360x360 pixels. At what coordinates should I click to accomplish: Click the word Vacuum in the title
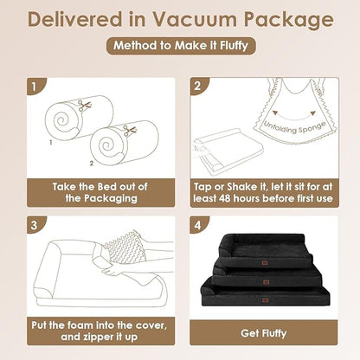click(196, 20)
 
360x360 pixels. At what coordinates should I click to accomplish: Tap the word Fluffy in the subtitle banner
click(234, 46)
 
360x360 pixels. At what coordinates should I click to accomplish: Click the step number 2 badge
click(198, 86)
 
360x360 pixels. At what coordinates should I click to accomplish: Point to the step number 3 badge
click(35, 225)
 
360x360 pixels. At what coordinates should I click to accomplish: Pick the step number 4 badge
click(198, 225)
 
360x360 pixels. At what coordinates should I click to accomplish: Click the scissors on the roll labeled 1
click(85, 106)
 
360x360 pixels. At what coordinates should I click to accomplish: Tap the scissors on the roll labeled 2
click(130, 131)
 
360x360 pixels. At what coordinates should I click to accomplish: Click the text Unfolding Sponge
click(295, 128)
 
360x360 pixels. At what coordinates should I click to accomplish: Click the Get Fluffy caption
click(264, 333)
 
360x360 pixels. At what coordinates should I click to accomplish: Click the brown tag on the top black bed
click(264, 263)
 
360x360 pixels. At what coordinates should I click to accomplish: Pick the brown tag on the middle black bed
click(266, 281)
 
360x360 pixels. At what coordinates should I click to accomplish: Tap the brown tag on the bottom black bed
click(265, 300)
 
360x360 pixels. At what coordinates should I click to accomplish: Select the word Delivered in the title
click(74, 20)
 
